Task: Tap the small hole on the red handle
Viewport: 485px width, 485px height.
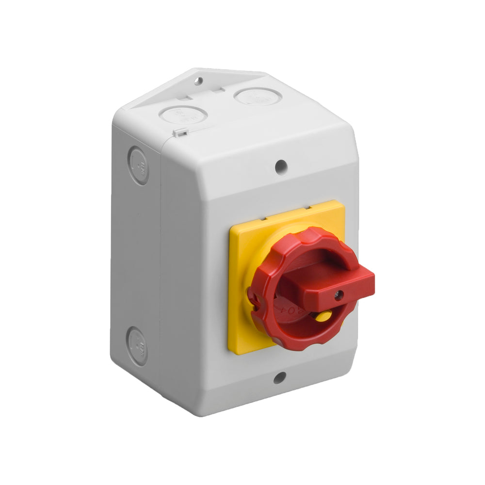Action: click(x=339, y=294)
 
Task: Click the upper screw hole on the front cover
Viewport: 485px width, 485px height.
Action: click(x=280, y=167)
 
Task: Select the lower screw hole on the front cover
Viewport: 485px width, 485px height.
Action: click(x=280, y=377)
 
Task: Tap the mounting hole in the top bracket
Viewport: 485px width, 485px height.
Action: click(x=198, y=81)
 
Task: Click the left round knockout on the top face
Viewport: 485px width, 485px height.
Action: click(x=183, y=115)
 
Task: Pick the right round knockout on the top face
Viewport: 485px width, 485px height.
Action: click(x=258, y=96)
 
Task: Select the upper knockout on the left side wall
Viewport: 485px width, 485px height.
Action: click(x=139, y=166)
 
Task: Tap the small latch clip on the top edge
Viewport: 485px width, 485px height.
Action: click(x=180, y=131)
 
